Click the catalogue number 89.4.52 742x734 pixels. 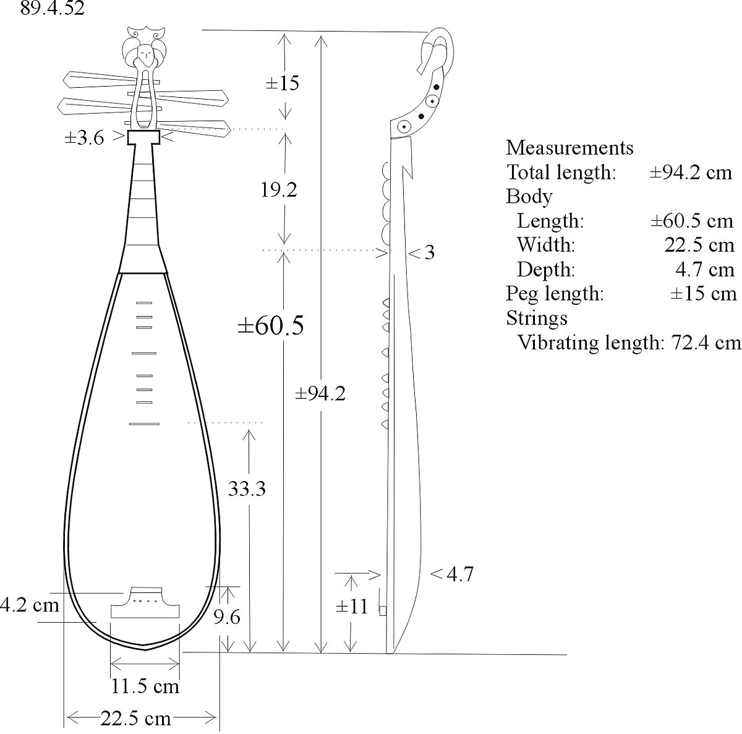pos(53,8)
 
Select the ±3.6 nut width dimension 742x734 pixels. pos(84,137)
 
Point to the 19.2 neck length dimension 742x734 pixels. pos(279,189)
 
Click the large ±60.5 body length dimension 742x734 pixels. pos(271,325)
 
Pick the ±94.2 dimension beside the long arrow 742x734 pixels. pos(320,393)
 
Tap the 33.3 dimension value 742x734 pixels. pos(247,489)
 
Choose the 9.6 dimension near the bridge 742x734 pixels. pos(227,617)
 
